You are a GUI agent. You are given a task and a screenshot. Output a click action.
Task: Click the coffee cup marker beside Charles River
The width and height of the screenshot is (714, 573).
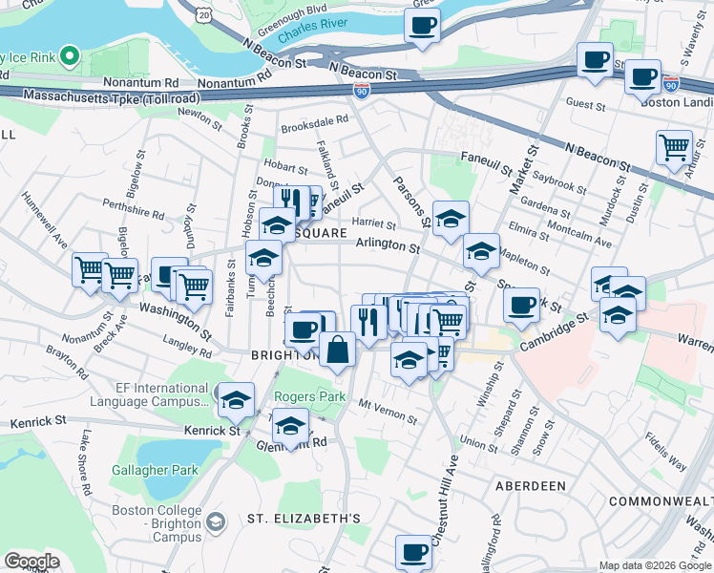[x=422, y=26]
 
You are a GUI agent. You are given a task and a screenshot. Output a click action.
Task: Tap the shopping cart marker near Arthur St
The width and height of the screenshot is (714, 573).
[x=674, y=148]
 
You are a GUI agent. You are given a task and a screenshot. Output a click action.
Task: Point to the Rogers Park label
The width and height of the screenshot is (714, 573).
[x=308, y=396]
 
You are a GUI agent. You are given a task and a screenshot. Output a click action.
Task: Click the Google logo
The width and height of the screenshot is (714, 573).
[x=31, y=562]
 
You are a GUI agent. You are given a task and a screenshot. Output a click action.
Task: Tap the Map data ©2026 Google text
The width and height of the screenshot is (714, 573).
[x=655, y=565]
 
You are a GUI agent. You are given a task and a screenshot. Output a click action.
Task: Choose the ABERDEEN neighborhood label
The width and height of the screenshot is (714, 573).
[x=531, y=485]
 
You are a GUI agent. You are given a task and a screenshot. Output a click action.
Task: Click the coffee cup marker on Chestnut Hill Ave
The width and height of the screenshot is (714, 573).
[x=414, y=551]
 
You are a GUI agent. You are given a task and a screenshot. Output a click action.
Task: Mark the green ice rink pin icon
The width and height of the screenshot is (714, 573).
[x=69, y=56]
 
